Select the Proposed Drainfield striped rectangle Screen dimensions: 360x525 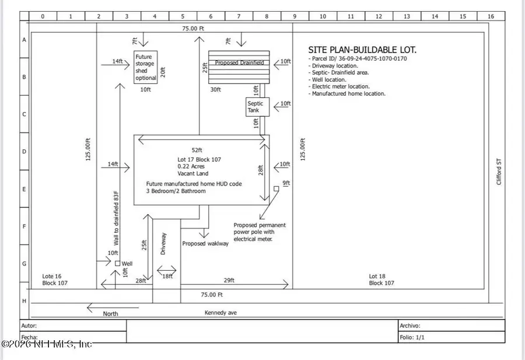pos(239,68)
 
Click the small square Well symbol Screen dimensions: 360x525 pos(117,264)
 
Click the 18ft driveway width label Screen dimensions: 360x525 pos(167,276)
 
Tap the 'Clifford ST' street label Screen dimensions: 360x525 pos(499,173)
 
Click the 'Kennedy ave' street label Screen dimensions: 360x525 pos(220,313)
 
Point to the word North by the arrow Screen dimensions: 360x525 pos(110,313)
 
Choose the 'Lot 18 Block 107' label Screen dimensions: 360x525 pos(381,279)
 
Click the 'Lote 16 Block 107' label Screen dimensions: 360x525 pos(56,279)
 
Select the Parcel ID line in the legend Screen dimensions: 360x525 pos(357,59)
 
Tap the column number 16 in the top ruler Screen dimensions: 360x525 pos(491,16)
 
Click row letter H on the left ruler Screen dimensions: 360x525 pos(24,300)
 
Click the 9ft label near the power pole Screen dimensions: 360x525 pos(286,183)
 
